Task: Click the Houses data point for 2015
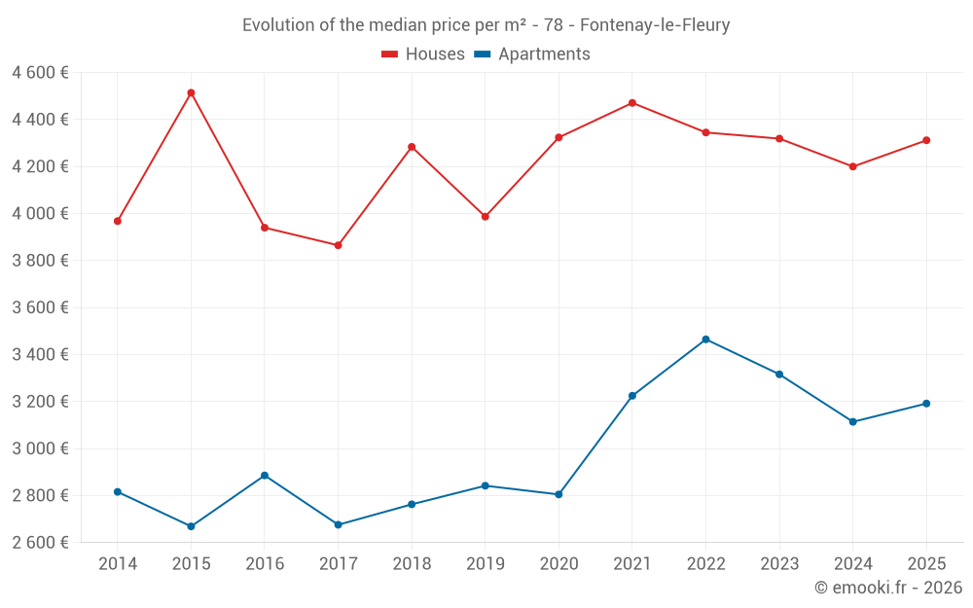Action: [191, 92]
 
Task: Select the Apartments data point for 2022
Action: [705, 340]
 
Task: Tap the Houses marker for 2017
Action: [338, 245]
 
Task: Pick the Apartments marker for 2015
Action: [191, 526]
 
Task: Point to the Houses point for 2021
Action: [632, 102]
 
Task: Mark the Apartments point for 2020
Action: [559, 494]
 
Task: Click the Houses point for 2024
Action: [853, 166]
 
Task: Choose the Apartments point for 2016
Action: [265, 476]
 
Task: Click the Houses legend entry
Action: [423, 54]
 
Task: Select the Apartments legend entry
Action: [532, 54]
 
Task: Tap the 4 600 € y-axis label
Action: [40, 73]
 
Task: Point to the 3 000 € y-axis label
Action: [40, 448]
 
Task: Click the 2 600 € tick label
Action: [40, 543]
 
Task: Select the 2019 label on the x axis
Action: [485, 563]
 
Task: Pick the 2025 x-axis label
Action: [926, 563]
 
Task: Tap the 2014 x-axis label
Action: [118, 563]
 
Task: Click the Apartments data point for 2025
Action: [926, 404]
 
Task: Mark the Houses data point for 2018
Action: [412, 147]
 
